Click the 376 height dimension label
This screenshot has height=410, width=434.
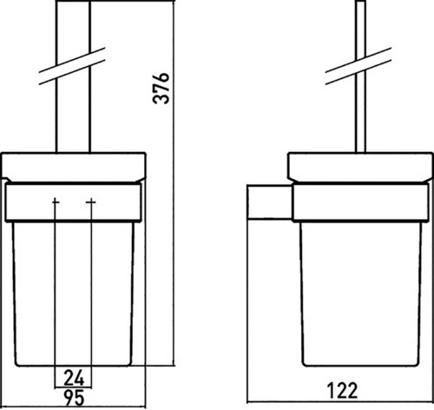tap(161, 88)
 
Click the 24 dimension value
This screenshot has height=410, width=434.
tap(74, 378)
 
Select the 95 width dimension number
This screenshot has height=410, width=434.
tap(74, 398)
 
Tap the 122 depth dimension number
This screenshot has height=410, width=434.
tap(343, 390)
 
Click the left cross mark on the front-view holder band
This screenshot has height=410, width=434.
tap(55, 202)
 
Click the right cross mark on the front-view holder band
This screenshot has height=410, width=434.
tap(91, 202)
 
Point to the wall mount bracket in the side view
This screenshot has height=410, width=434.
tap(269, 202)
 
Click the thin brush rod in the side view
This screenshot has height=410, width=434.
tap(360, 76)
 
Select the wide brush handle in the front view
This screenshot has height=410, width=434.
tap(73, 76)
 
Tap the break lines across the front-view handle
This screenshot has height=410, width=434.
tap(72, 66)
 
